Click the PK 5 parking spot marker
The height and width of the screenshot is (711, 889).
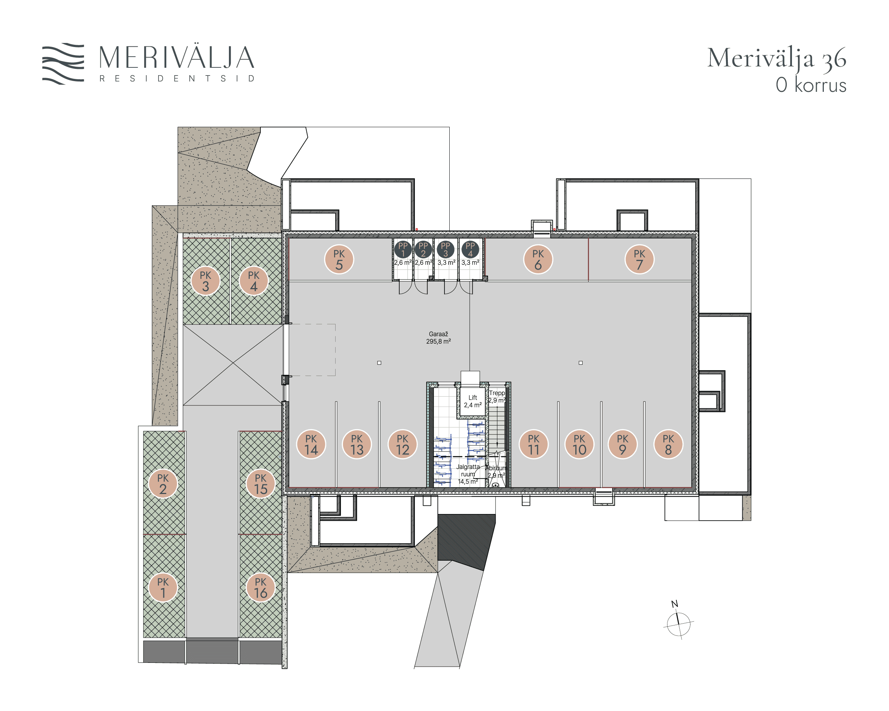[x=339, y=259]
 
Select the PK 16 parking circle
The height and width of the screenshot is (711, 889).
[x=261, y=587]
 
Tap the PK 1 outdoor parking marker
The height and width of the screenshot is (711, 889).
[x=163, y=587]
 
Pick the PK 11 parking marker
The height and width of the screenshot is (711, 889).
[x=533, y=444]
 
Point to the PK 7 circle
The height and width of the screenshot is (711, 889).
[x=640, y=259]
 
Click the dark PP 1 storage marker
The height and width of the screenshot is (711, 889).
[x=403, y=249]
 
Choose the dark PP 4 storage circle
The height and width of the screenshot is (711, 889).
[x=470, y=249]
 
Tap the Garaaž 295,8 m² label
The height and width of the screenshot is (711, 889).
[x=438, y=338]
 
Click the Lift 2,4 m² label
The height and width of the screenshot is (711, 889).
[x=473, y=401]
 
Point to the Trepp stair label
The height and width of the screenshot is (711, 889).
[x=497, y=393]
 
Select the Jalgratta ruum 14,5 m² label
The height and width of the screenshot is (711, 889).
[x=467, y=474]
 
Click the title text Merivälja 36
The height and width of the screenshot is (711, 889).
[x=777, y=58]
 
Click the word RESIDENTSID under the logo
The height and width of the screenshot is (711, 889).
[x=177, y=78]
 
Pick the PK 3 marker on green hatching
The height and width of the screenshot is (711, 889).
[x=205, y=281]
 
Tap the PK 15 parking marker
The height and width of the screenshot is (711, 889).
[x=261, y=484]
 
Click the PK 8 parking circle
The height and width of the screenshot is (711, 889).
[x=668, y=444]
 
